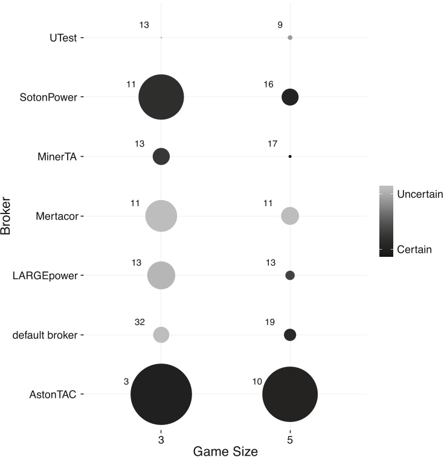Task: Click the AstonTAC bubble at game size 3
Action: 161,394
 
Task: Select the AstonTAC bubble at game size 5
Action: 290,394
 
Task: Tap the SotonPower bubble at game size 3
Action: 161,96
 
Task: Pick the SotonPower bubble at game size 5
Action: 290,96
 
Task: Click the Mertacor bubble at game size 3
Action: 161,216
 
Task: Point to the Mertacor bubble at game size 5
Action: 290,216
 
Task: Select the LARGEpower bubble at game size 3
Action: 161,276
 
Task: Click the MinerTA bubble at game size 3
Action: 161,156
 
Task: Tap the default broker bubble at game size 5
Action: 290,335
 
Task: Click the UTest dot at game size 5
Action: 290,37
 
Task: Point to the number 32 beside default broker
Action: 139,322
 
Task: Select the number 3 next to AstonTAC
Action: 126,381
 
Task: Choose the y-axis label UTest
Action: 63,37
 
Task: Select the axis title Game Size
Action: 225,451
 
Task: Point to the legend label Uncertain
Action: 420,194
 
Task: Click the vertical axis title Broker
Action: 7,216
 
